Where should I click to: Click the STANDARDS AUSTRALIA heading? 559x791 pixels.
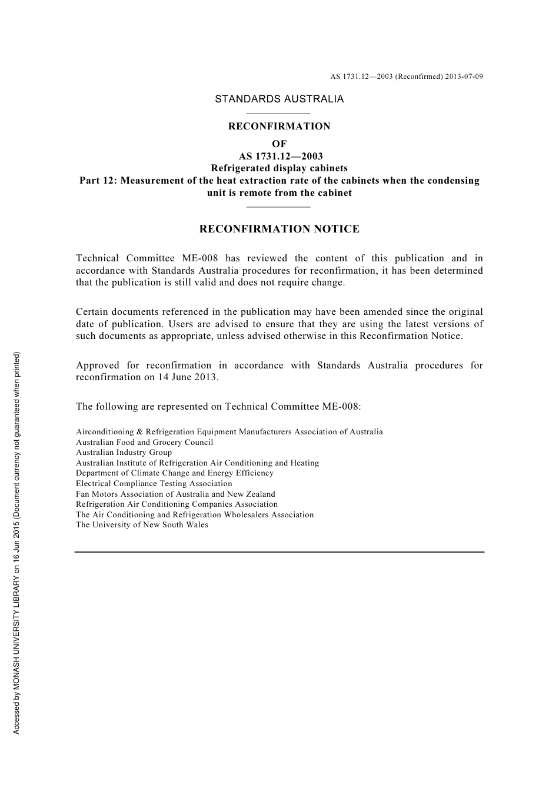point(279,99)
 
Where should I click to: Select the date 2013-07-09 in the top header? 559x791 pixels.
point(464,77)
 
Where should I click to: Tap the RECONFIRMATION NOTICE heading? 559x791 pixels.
point(279,229)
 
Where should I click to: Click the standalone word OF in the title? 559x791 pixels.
point(279,144)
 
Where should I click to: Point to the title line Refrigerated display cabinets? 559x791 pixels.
point(279,168)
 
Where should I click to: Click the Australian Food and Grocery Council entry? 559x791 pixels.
point(144,443)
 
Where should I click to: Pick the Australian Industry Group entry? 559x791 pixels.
point(124,453)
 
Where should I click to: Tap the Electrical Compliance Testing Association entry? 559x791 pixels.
point(154,484)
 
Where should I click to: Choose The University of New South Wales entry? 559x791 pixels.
point(142,525)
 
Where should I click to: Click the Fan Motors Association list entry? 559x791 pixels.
point(175,494)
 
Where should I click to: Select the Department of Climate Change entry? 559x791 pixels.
point(174,473)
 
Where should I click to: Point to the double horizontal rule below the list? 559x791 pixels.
point(279,551)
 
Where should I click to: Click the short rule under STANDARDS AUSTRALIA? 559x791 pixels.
point(278,113)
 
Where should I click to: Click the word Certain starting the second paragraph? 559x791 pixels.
point(92,312)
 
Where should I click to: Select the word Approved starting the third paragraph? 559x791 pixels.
point(97,365)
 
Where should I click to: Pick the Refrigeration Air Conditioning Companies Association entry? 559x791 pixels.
point(177,504)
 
